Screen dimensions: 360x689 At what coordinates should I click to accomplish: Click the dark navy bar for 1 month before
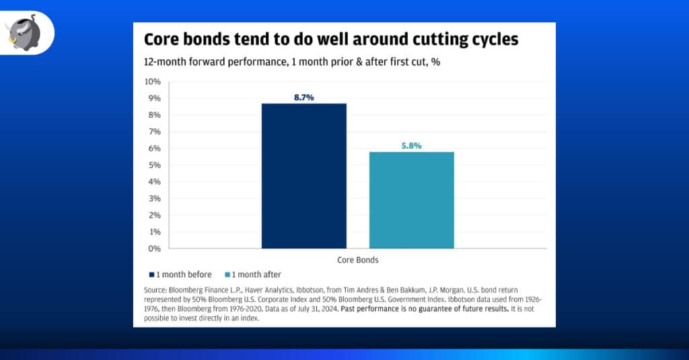(303, 176)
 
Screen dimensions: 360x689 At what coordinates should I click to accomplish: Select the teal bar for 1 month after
(411, 200)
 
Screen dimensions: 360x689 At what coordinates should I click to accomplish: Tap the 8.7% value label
(303, 98)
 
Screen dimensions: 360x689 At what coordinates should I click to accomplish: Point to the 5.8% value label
(411, 145)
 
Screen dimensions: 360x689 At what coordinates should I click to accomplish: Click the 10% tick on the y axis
(152, 81)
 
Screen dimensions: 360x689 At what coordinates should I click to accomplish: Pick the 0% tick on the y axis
(154, 248)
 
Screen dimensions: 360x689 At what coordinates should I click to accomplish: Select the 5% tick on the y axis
(154, 165)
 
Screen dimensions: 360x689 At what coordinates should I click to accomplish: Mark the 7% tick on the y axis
(154, 131)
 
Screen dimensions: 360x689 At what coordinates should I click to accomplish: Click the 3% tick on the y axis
(154, 199)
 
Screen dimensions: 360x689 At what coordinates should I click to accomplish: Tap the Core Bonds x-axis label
(357, 259)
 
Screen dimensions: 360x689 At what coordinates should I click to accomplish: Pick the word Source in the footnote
(155, 290)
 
